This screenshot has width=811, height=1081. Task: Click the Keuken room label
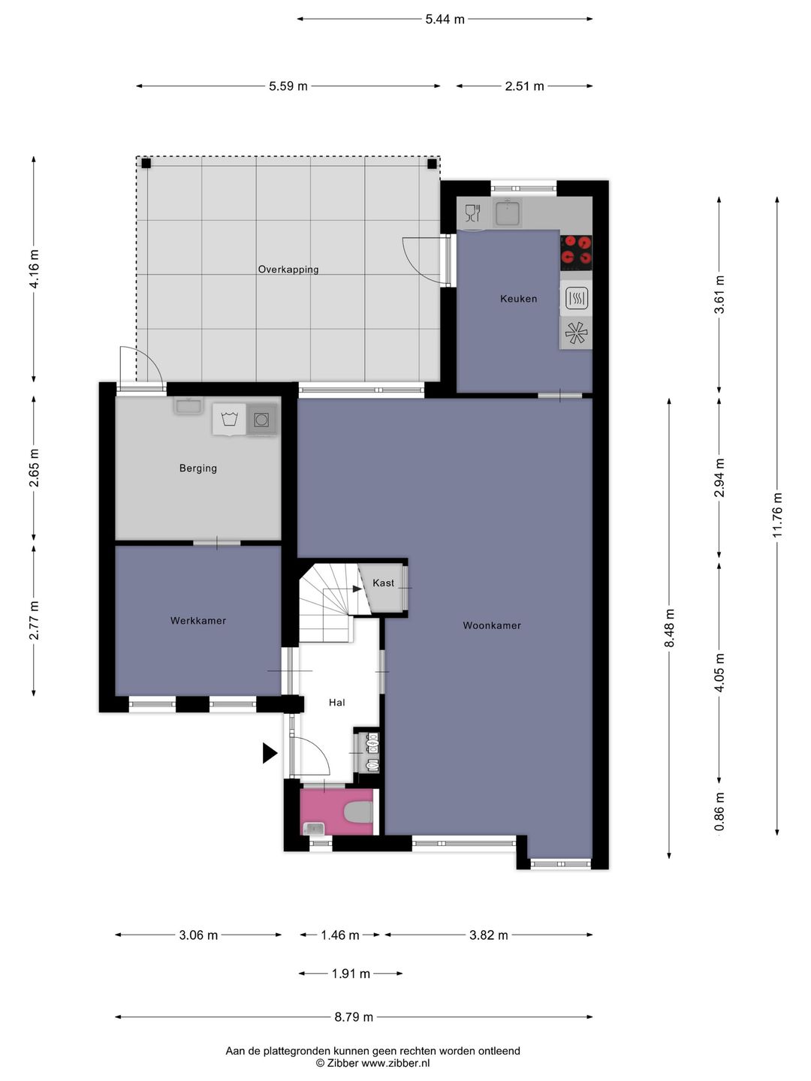[518, 299]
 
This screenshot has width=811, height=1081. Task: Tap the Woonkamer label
[491, 625]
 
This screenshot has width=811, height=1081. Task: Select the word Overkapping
[288, 269]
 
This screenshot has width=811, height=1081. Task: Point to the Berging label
[198, 468]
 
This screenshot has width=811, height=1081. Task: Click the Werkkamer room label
[198, 621]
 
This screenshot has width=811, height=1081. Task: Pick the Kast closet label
[383, 583]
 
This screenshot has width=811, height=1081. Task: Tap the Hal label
[337, 703]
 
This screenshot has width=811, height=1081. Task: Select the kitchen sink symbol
[507, 212]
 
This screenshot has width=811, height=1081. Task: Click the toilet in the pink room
[357, 812]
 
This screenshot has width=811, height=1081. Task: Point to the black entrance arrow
[270, 753]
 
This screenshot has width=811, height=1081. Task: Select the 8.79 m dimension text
[354, 1016]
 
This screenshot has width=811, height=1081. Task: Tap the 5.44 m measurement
[445, 20]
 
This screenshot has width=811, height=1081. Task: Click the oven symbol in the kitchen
[577, 298]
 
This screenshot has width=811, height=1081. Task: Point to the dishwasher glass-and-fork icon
[472, 212]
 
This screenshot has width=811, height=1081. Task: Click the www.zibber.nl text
[396, 1063]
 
